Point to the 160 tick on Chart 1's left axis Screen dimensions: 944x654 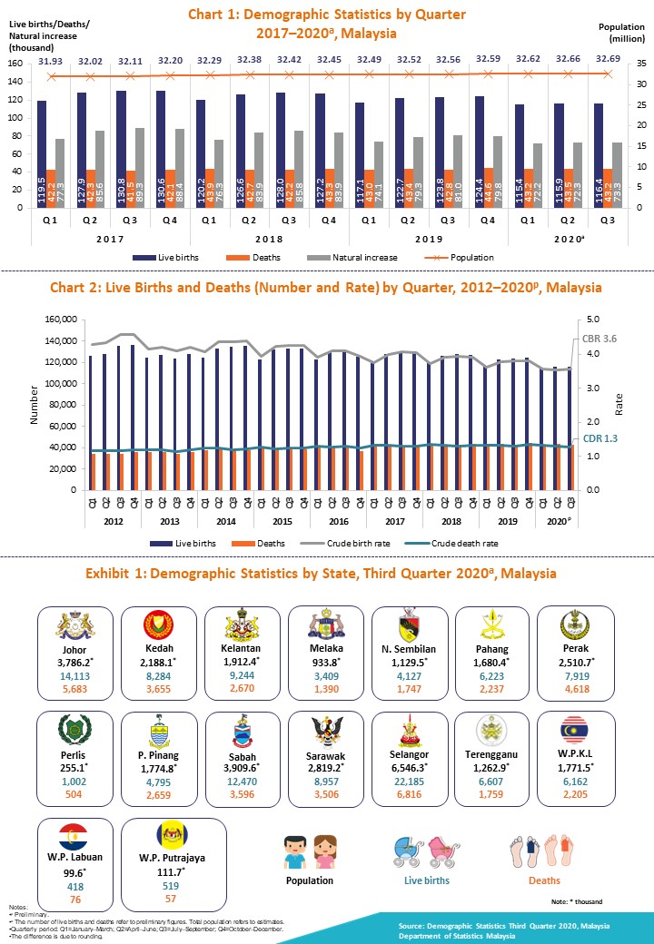click(x=15, y=64)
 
